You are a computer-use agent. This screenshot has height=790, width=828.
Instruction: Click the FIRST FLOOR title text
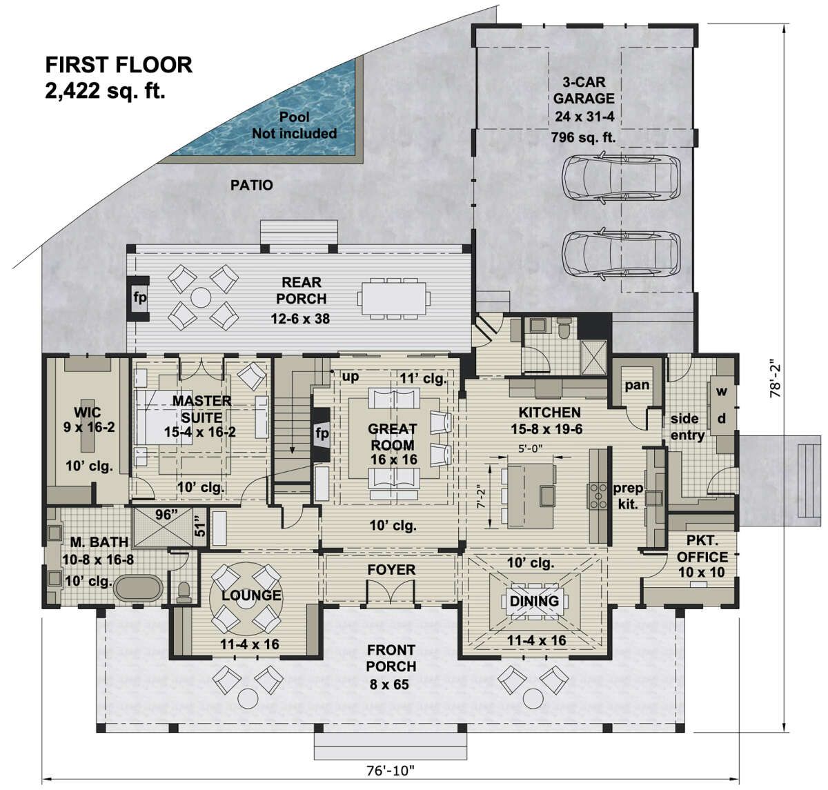(x=119, y=65)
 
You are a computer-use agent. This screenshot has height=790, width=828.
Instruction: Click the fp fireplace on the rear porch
(x=139, y=298)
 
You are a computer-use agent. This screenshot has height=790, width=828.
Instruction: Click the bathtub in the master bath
(x=139, y=589)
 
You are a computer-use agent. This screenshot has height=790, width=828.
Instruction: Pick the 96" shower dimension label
(x=164, y=513)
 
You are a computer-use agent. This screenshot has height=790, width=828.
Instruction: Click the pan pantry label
(x=636, y=384)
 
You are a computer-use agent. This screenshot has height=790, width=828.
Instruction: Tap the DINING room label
(x=534, y=601)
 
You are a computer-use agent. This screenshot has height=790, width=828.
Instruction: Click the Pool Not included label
(x=294, y=125)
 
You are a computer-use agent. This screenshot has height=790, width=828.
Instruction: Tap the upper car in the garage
(x=620, y=178)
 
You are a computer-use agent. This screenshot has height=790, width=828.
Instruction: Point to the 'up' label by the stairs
(x=350, y=377)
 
